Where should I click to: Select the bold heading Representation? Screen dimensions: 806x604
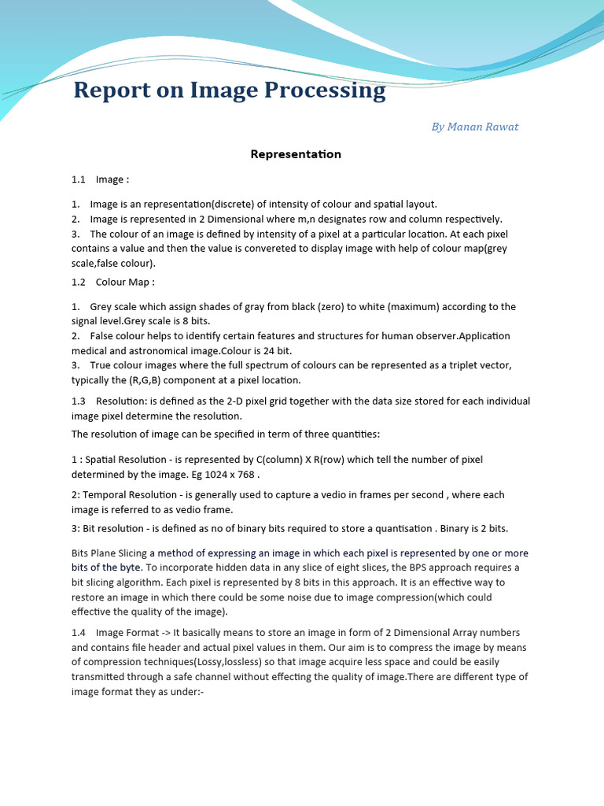point(296,154)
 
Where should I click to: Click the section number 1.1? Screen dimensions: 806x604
point(78,180)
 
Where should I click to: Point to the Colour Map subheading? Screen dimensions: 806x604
point(125,282)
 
